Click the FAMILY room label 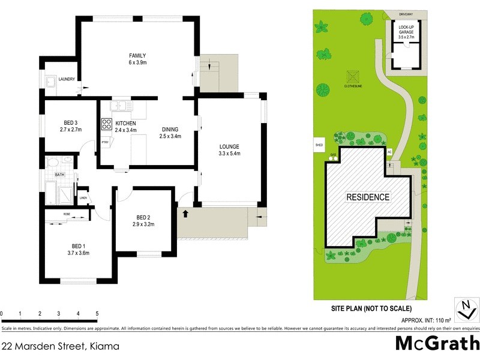point(137,56)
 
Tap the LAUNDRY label point(67,79)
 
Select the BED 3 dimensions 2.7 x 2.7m point(70,129)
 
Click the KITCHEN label point(125,123)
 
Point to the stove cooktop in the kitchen point(106,124)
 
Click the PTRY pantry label point(105,142)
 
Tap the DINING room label point(170,129)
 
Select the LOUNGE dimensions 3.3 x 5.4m point(229,154)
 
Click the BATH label point(59,175)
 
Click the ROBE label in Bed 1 point(67,214)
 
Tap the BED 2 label point(143,217)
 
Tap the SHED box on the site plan point(319,145)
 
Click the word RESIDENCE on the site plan point(368,197)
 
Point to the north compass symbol point(465,309)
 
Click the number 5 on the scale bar point(97,314)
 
